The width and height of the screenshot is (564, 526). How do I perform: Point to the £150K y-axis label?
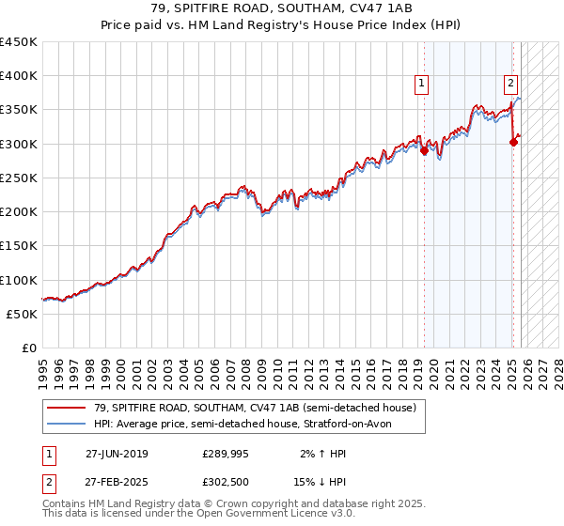pos(19,246)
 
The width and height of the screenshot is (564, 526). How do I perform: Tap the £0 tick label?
pos(28,348)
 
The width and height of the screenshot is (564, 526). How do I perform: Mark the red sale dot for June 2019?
pos(424,150)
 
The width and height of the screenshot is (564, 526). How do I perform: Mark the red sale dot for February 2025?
pos(514,142)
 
